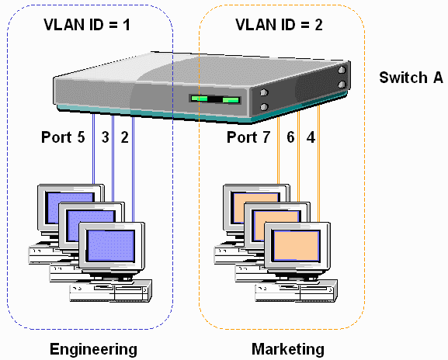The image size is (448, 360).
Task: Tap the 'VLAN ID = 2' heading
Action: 280,26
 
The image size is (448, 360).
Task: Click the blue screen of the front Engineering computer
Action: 111,247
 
